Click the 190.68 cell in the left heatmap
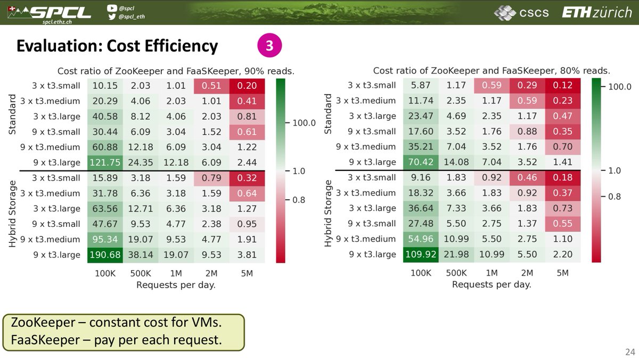[x=105, y=255]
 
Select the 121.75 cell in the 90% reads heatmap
[x=105, y=162]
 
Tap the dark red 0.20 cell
[x=247, y=86]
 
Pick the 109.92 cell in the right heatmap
[x=421, y=254]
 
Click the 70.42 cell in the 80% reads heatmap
[x=421, y=162]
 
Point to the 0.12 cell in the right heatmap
[x=562, y=85]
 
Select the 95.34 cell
[x=105, y=239]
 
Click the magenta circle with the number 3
[x=269, y=45]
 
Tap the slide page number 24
[x=630, y=351]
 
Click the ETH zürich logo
[x=597, y=13]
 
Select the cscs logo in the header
[x=521, y=13]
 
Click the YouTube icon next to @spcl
[x=112, y=8]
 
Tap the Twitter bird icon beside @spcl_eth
[x=112, y=17]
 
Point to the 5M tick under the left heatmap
[x=247, y=274]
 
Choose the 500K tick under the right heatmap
[x=456, y=273]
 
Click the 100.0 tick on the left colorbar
[x=304, y=123]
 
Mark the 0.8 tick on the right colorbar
[x=614, y=197]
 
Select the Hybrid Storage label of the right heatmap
[x=328, y=214]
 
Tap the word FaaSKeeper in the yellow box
[x=45, y=340]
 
